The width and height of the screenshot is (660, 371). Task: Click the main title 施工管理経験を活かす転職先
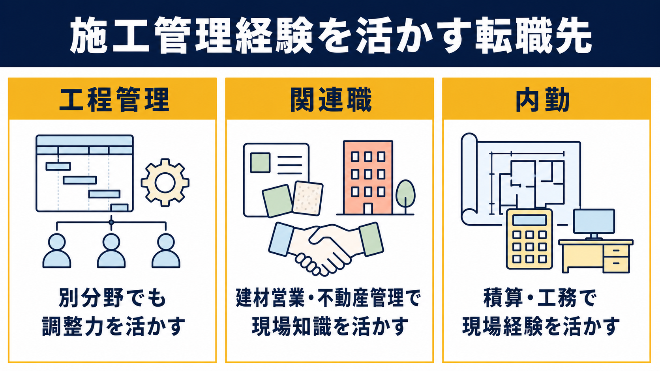(x=330, y=35)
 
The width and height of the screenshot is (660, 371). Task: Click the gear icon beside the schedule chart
(x=165, y=183)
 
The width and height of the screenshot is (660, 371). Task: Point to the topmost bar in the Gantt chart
(x=58, y=166)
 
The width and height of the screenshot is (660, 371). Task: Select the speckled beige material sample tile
(x=307, y=198)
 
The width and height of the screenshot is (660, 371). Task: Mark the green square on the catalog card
(x=260, y=162)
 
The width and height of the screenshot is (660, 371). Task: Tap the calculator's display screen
(x=529, y=220)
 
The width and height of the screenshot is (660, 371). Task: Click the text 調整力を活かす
(x=113, y=326)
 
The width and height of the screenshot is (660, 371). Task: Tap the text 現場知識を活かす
(x=330, y=326)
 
